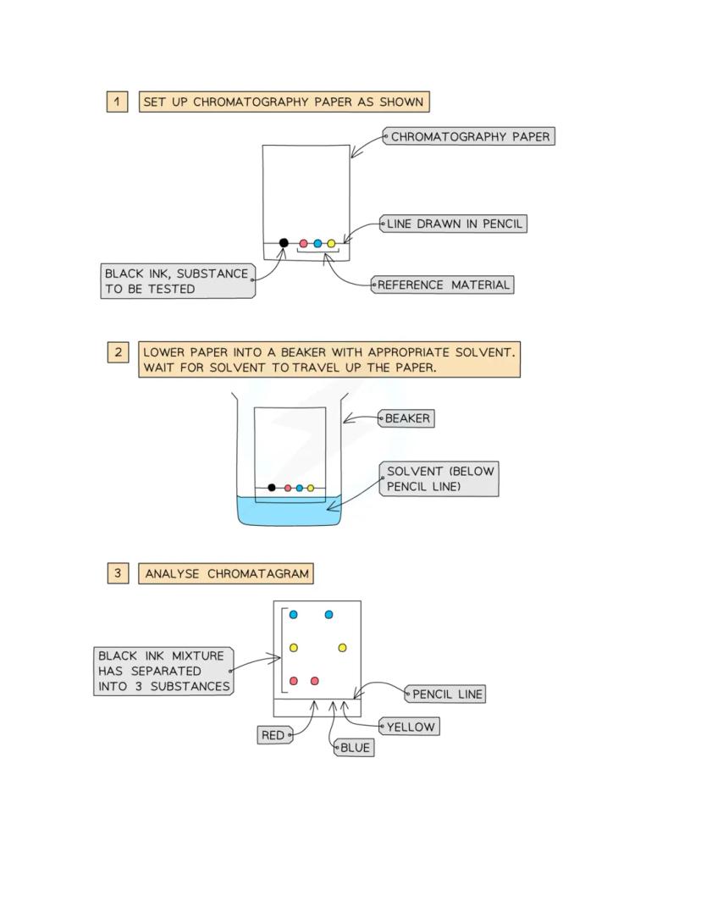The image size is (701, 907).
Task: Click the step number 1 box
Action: (x=117, y=102)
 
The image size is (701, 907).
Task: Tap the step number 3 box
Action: (x=118, y=573)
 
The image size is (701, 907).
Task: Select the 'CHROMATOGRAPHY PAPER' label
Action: (x=470, y=136)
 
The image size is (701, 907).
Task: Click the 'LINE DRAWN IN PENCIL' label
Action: (x=454, y=224)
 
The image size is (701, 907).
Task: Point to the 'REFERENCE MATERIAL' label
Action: (x=444, y=285)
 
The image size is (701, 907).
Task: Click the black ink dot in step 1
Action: (x=284, y=243)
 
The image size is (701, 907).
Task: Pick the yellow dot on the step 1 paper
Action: (x=331, y=244)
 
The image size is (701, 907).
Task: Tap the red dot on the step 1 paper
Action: (x=304, y=244)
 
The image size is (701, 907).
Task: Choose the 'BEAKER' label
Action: (x=407, y=418)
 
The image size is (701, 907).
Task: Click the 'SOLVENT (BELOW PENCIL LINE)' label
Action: (x=440, y=478)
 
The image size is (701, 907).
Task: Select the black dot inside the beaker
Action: (x=272, y=488)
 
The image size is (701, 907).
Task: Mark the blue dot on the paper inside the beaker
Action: (x=300, y=489)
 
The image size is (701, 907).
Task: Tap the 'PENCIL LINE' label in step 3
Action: (x=447, y=694)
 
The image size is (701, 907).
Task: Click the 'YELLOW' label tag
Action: (x=410, y=727)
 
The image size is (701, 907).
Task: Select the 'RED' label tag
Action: (x=273, y=735)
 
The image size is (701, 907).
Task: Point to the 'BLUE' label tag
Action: (x=355, y=748)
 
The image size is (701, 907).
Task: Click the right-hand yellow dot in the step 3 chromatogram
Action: (x=342, y=648)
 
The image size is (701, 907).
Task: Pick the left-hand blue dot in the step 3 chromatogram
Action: (x=294, y=615)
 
